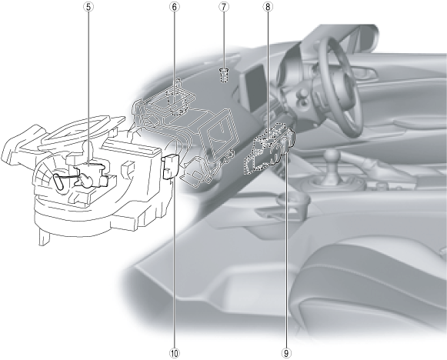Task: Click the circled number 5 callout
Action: click(x=88, y=7)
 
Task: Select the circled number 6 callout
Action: click(x=175, y=7)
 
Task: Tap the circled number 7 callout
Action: click(x=224, y=7)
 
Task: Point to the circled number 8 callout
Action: click(x=268, y=7)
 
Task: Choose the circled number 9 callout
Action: click(x=286, y=353)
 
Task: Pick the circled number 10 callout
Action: click(x=175, y=353)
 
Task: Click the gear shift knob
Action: click(x=332, y=156)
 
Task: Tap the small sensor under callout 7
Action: click(x=224, y=75)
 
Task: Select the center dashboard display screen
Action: click(x=255, y=88)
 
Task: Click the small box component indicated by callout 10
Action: click(x=171, y=166)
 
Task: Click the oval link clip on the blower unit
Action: click(x=59, y=182)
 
